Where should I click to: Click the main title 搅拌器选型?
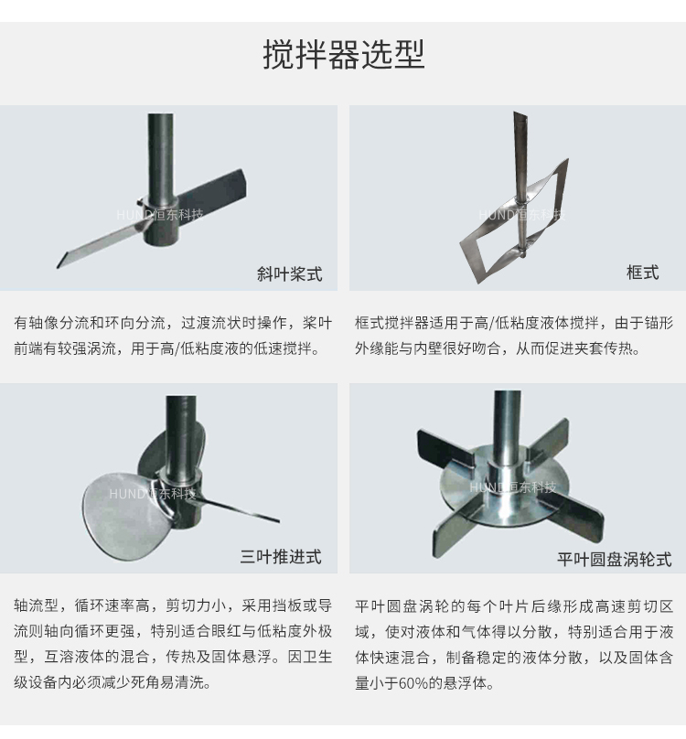pyautogui.click(x=344, y=55)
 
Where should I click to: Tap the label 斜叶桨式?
pyautogui.click(x=289, y=273)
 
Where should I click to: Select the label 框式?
pyautogui.click(x=642, y=273)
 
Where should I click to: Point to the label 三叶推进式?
pyautogui.click(x=281, y=557)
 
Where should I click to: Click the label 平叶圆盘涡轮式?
pyautogui.click(x=615, y=560)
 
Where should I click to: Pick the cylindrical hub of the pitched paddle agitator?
pyautogui.click(x=162, y=220)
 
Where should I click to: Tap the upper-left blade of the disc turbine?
pyautogui.click(x=445, y=448)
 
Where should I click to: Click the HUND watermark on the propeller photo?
pyautogui.click(x=152, y=494)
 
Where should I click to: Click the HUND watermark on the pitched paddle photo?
pyautogui.click(x=160, y=215)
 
